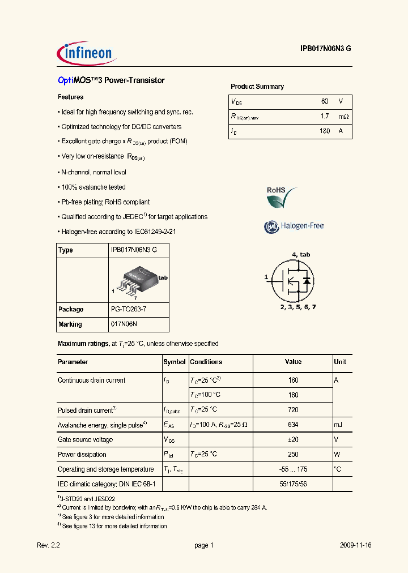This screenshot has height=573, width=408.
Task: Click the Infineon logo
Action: tap(87, 53)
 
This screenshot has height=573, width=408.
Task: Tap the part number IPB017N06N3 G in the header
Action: tap(326, 49)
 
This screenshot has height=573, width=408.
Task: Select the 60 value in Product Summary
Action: tap(325, 101)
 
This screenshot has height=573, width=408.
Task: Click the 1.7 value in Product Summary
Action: tap(325, 116)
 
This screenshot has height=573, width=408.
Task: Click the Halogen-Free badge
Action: tap(294, 226)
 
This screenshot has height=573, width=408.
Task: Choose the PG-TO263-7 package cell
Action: tap(130, 310)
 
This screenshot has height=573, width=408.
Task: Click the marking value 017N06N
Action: tap(124, 324)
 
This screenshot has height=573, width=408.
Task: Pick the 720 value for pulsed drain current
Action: tap(292, 410)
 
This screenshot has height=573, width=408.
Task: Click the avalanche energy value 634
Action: tap(292, 425)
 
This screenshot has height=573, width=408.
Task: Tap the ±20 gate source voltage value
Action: tap(292, 439)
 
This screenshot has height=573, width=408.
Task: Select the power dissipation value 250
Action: tap(292, 454)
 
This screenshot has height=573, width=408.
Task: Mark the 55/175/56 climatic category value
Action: tap(292, 484)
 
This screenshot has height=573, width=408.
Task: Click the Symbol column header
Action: tap(175, 362)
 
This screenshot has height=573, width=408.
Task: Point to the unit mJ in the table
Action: tap(339, 425)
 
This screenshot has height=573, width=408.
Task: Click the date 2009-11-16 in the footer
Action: tap(356, 545)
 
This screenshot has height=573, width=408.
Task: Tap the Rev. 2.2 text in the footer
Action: tap(48, 545)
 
